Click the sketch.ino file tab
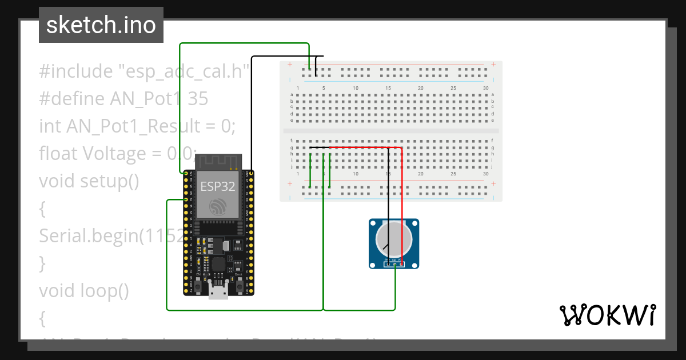click(x=101, y=25)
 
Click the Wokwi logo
click(x=607, y=315)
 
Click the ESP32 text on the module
click(x=217, y=186)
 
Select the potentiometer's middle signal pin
click(x=394, y=263)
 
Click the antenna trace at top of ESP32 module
click(x=217, y=161)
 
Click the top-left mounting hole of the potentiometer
click(x=374, y=225)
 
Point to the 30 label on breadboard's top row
click(x=485, y=87)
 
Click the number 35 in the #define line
click(x=198, y=99)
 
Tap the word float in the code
click(x=58, y=153)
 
